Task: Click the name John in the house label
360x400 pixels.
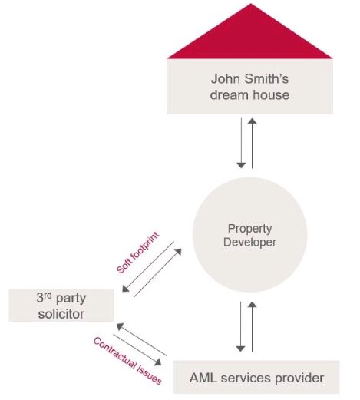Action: pos(226,78)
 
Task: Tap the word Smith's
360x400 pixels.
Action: pos(266,78)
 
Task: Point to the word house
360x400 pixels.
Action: pos(272,94)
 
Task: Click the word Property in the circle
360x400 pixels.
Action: pos(249,229)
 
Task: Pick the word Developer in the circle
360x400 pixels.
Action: pos(249,242)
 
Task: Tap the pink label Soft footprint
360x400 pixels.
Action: pos(137,253)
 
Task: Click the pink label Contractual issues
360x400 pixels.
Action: pos(127,361)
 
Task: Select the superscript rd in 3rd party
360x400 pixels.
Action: pos(48,295)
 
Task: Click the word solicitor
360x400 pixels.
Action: pos(61,314)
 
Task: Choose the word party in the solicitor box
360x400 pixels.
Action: pos(71,299)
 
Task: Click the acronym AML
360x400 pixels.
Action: pos(204,378)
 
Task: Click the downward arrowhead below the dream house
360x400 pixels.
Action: pos(241,165)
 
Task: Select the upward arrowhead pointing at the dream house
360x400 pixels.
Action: pos(252,121)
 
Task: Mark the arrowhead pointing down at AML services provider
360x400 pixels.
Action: pos(240,349)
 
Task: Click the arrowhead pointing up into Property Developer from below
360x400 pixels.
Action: pos(252,305)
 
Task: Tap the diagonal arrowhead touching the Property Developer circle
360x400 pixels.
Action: pos(178,252)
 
